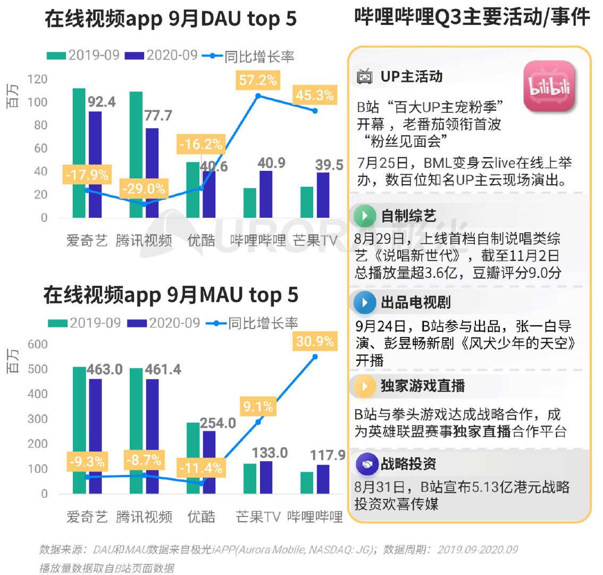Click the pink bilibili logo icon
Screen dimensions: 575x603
[549, 86]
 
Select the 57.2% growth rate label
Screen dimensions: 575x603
[258, 80]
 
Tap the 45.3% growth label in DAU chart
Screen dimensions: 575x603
[315, 95]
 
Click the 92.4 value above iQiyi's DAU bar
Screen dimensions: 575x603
[102, 102]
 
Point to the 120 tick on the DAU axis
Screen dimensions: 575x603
[37, 79]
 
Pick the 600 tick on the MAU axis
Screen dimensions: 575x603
[37, 344]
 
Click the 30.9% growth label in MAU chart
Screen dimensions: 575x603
[315, 341]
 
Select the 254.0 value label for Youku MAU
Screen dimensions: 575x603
[218, 423]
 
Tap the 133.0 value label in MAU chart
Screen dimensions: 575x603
[270, 453]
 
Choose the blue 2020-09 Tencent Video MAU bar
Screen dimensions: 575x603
[152, 436]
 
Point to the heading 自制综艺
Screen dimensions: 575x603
[408, 216]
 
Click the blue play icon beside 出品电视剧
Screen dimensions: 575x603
[365, 302]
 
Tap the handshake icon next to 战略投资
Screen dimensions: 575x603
[366, 464]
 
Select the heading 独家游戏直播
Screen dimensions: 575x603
[423, 385]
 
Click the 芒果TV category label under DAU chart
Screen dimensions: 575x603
[315, 241]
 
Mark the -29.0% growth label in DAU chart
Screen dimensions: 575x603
[144, 189]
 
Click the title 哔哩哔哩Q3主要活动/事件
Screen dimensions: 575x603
[472, 18]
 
